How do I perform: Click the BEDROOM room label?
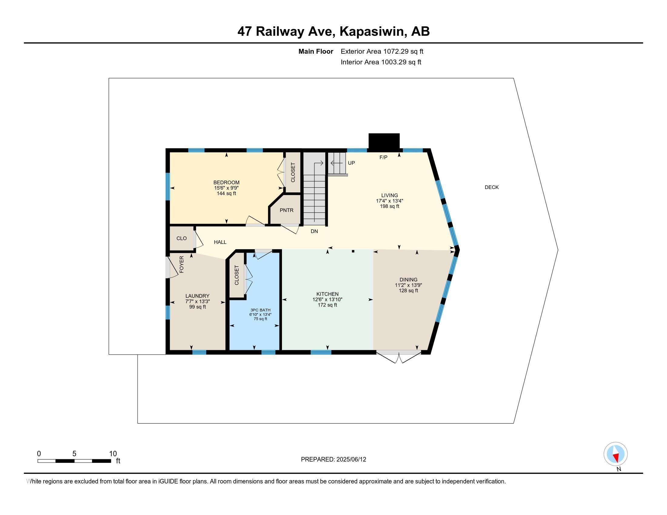click(226, 182)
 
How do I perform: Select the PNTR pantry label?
click(287, 210)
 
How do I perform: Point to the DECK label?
click(491, 187)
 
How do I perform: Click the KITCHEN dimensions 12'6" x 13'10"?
click(327, 300)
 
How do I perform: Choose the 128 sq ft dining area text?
click(408, 291)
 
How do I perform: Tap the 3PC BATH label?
click(260, 310)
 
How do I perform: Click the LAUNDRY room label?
click(197, 296)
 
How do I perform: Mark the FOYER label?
click(181, 264)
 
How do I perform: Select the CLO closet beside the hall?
click(181, 238)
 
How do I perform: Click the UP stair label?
click(351, 163)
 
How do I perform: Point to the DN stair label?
click(314, 231)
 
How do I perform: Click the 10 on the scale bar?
click(113, 454)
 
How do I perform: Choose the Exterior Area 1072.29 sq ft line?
click(382, 51)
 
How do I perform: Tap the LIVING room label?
click(389, 195)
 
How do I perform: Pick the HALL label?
click(220, 242)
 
